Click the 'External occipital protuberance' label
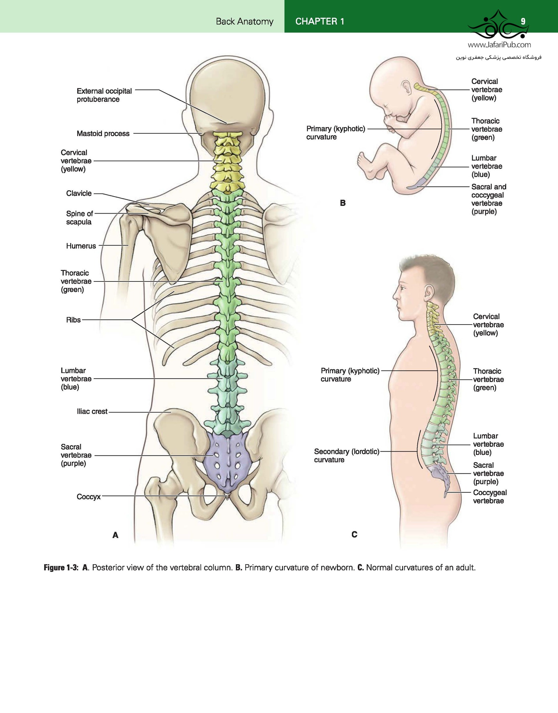[x=104, y=95]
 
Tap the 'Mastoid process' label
[x=103, y=134]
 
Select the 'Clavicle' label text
[x=79, y=193]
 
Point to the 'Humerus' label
[x=81, y=246]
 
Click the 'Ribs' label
[x=73, y=320]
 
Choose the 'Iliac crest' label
[x=92, y=412]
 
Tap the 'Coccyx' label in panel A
[x=89, y=497]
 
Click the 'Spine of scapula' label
[x=79, y=218]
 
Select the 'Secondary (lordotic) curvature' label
[x=347, y=456]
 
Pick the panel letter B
[x=343, y=203]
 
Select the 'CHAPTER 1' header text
[x=320, y=22]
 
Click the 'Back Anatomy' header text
[x=245, y=22]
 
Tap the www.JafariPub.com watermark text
[x=499, y=45]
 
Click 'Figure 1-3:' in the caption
[x=61, y=568]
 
